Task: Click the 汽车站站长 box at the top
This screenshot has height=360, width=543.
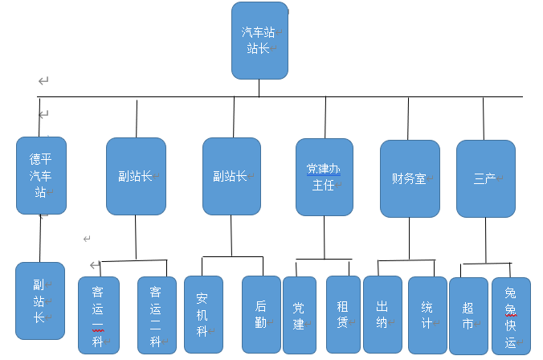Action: (259, 41)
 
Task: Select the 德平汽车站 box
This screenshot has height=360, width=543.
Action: (41, 175)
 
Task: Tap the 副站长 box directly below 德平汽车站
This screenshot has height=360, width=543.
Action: (40, 301)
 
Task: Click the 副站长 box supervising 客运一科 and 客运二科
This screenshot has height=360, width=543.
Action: (136, 176)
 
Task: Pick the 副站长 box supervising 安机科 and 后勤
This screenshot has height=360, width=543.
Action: (231, 176)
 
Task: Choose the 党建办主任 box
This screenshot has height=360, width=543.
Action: (325, 177)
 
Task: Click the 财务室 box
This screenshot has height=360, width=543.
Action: (410, 178)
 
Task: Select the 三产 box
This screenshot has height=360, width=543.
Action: (485, 178)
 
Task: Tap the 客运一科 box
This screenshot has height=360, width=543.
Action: (99, 315)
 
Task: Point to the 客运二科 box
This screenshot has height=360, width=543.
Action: (157, 315)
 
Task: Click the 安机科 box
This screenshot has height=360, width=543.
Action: (203, 314)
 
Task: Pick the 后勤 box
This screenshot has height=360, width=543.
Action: (261, 314)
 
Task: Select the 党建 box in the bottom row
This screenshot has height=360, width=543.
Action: (300, 315)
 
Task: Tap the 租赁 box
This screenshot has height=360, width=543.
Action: (343, 314)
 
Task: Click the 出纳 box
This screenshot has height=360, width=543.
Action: (382, 314)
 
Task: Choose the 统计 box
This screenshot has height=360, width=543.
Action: (427, 315)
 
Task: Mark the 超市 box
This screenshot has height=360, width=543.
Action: (468, 316)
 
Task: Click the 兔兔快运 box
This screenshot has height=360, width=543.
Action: (512, 316)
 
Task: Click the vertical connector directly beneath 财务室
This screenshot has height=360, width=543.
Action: (410, 239)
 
